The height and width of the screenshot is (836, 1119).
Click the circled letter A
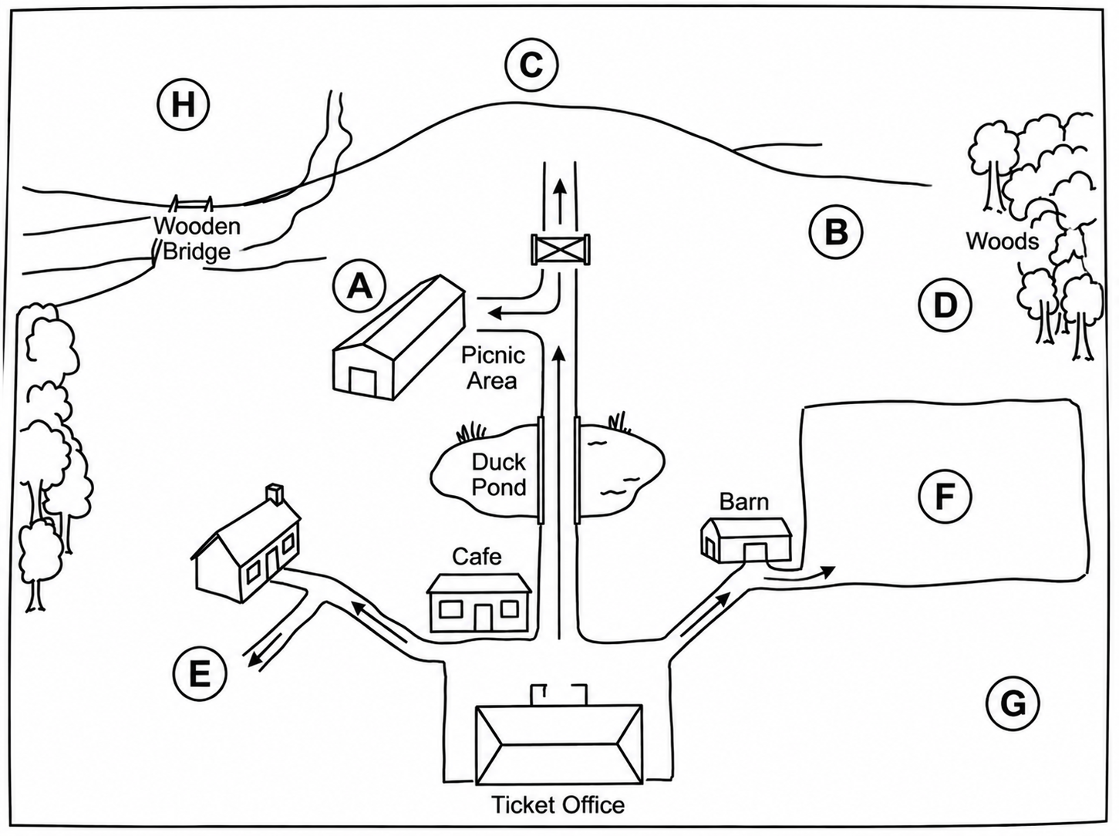point(360,287)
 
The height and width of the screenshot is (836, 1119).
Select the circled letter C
point(531,65)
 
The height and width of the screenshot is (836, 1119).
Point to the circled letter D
point(945,305)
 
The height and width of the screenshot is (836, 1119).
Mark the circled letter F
point(945,497)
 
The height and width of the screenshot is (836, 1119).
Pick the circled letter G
point(1013,704)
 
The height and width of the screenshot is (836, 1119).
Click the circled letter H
point(183,105)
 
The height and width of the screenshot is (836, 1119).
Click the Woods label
point(1003,241)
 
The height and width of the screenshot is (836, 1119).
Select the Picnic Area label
point(493,368)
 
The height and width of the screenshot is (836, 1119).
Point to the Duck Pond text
point(499,475)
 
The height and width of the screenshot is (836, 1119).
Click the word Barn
point(743,502)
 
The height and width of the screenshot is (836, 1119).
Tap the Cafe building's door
point(483,617)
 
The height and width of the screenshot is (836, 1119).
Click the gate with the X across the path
point(560,250)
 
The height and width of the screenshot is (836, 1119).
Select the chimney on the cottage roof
point(275,494)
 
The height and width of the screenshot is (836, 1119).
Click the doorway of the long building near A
point(362,381)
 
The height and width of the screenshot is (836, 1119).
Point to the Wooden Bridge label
point(197,238)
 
